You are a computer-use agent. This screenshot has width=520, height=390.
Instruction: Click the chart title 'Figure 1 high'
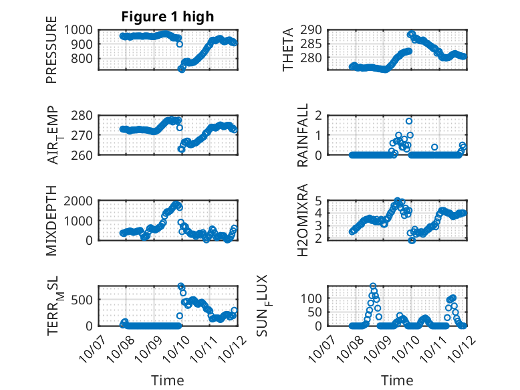pos(168,17)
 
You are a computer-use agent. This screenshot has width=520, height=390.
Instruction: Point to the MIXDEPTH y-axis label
pos(51,220)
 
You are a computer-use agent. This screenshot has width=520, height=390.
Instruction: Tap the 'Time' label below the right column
pos(397,381)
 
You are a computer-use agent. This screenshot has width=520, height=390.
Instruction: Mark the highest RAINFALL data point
pos(409,121)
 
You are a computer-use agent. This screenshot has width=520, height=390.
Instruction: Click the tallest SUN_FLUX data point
pos(373,286)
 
